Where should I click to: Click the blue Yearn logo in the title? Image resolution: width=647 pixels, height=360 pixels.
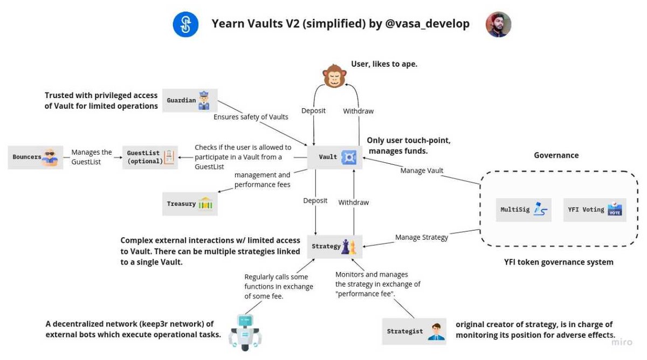(x=185, y=24)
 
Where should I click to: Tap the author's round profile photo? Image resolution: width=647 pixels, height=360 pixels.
(x=498, y=24)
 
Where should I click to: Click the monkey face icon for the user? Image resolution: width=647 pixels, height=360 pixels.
(x=334, y=76)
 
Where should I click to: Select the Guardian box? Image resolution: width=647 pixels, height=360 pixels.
(x=190, y=100)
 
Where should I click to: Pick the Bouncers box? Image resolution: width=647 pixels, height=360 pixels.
(x=35, y=157)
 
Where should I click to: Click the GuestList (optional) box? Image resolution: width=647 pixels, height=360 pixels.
(x=150, y=157)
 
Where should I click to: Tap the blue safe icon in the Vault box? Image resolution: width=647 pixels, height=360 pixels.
(x=349, y=157)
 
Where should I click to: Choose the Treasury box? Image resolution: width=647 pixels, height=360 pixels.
(x=190, y=204)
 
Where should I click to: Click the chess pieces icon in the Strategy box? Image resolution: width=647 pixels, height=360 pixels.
(x=349, y=246)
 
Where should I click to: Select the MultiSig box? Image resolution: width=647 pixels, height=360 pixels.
(x=524, y=210)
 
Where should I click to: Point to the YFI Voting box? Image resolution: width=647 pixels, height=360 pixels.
(x=595, y=210)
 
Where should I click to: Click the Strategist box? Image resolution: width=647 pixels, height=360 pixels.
(x=414, y=331)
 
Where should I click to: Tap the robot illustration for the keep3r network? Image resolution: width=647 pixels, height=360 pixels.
(x=245, y=333)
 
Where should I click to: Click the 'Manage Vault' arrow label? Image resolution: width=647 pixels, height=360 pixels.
(x=422, y=171)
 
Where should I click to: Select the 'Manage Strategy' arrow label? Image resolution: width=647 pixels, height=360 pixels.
(x=422, y=237)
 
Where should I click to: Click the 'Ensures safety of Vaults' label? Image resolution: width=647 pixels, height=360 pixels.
(x=251, y=117)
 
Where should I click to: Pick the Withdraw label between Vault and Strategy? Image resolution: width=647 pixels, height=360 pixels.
(x=353, y=203)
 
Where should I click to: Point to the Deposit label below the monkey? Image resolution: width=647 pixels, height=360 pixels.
(x=313, y=111)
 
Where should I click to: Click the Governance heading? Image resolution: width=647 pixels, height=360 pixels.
(x=556, y=155)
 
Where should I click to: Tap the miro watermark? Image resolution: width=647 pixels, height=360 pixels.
(x=622, y=342)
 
